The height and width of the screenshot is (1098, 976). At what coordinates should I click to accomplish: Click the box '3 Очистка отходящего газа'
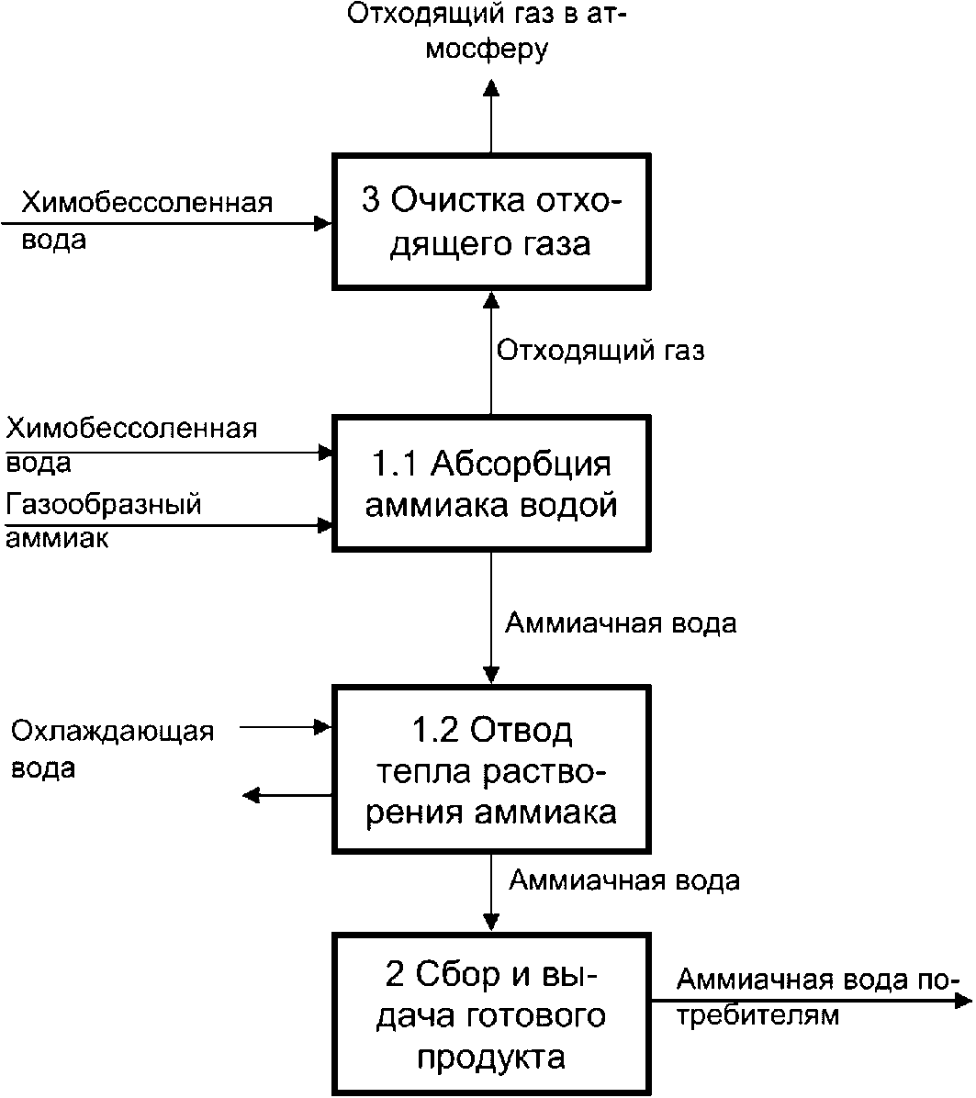tap(491, 222)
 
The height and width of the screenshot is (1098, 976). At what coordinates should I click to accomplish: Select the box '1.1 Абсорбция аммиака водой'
tap(491, 484)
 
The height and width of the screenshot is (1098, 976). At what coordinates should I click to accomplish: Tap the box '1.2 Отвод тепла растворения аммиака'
tap(491, 769)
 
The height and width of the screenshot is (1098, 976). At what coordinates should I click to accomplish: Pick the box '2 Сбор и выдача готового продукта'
tap(491, 1014)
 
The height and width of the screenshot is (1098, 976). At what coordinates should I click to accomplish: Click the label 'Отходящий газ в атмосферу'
tap(487, 31)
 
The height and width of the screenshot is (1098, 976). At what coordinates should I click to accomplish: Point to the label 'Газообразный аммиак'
tap(104, 521)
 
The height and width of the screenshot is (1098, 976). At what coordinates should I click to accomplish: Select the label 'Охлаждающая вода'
tap(112, 749)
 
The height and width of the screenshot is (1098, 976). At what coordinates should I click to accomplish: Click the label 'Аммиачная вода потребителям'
tap(815, 997)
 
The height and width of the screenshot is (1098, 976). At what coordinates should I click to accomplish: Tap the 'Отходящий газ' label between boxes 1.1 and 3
tap(600, 350)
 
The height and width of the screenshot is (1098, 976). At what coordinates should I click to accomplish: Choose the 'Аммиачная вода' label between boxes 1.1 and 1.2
tap(621, 623)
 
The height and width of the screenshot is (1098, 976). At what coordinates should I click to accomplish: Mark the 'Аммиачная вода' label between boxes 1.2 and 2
tap(624, 880)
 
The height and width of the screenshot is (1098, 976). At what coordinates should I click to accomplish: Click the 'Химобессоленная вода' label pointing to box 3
tap(147, 220)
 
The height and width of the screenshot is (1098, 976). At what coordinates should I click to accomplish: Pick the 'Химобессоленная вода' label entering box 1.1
tap(131, 445)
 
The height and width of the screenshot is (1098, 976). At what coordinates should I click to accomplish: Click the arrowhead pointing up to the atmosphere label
tap(491, 87)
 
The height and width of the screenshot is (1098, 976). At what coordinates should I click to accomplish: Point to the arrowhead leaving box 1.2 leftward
tap(252, 795)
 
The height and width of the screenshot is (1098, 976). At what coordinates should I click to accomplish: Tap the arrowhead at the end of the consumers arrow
tap(964, 1002)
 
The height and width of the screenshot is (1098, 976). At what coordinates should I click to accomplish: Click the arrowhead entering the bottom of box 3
tap(491, 300)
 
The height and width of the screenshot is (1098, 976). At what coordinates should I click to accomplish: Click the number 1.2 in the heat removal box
tap(435, 730)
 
